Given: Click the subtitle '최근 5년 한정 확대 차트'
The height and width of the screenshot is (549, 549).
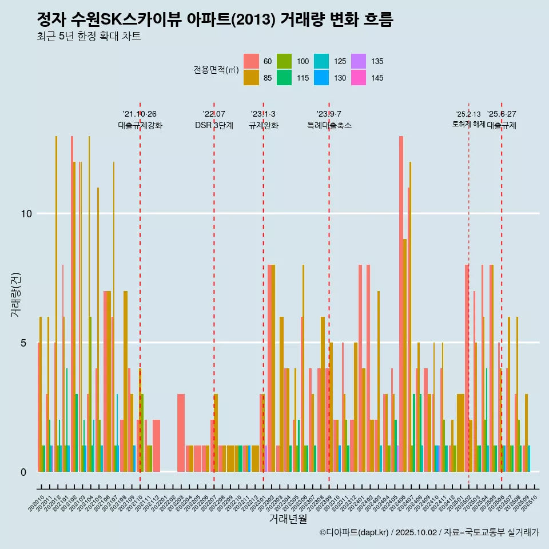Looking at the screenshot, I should coord(89,37).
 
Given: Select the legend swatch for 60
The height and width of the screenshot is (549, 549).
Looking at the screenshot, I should coord(251,61).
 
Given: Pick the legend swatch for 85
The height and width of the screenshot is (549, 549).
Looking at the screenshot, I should coord(251,78).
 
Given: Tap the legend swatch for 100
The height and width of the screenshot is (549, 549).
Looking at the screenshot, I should coord(285,61).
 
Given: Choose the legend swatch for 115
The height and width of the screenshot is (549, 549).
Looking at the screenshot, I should coord(285,78).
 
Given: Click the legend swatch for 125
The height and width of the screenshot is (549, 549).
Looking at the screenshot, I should coord(322,61).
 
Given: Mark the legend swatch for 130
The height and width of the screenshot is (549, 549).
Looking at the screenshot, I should coord(322,78).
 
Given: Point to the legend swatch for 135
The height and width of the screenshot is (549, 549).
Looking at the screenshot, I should coord(359,61).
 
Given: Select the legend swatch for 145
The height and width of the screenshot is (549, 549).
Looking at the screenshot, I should coord(359,78).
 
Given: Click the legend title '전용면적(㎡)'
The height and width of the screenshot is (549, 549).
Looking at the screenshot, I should coord(216,70).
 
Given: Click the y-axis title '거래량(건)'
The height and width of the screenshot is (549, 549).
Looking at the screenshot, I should coord(15,295).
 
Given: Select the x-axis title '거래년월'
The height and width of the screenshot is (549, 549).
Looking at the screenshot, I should coord(288,519).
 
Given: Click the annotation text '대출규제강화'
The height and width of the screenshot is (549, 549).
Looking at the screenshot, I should coord(140,126).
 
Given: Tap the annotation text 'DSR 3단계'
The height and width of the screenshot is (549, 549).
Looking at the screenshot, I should coord(214,126).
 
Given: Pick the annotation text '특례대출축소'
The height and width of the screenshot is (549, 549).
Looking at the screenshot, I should coord(329,126).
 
